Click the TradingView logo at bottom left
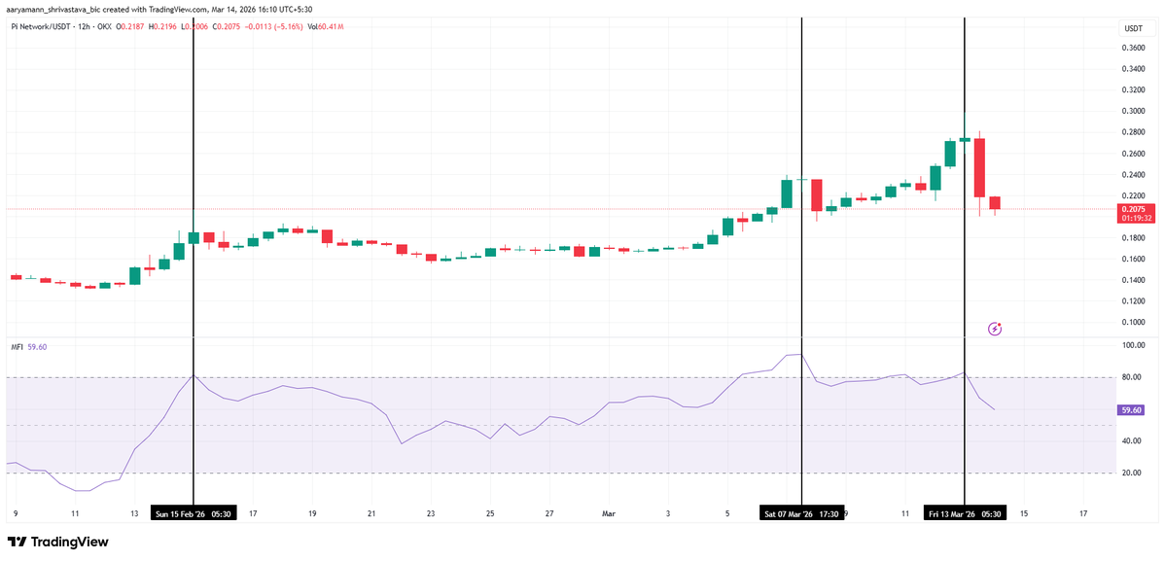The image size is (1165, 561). coord(57,542)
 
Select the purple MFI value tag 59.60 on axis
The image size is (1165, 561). coord(1131,410)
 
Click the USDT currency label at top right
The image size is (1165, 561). coord(1133,28)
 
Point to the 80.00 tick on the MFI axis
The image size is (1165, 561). coord(1131,377)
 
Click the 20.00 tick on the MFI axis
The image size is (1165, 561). coord(1131,473)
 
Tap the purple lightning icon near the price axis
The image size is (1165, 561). coord(994,329)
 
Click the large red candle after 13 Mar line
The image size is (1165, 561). coord(979,167)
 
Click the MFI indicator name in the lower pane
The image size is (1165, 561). coord(17,347)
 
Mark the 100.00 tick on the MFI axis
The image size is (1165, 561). coord(1131,345)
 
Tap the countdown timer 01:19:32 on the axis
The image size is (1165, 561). coord(1136,219)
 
